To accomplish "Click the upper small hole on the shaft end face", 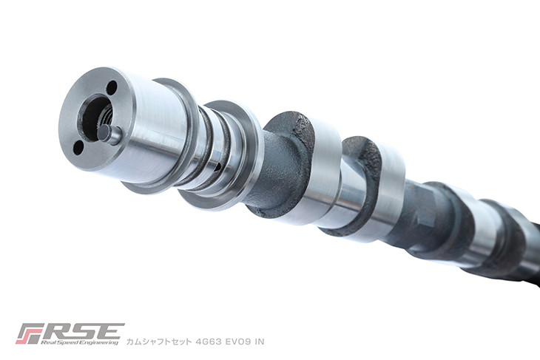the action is click(x=112, y=88).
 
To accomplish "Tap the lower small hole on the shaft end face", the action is click(x=78, y=149).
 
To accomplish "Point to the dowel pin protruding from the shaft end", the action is click(x=110, y=134).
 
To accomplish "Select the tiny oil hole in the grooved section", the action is click(x=217, y=167).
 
